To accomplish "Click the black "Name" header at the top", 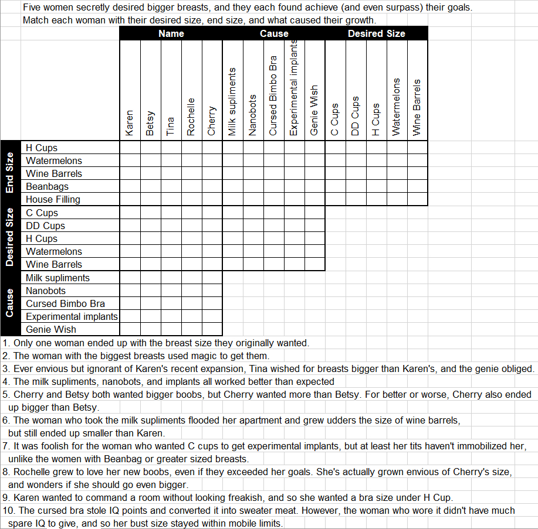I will (x=171, y=33).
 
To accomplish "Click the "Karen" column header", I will (x=130, y=123).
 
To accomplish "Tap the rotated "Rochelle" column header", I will (x=191, y=117).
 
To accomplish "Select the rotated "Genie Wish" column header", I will (x=314, y=111).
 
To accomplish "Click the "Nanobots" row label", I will (x=46, y=291).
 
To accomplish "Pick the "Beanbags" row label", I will (x=47, y=186).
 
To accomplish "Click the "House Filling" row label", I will (x=53, y=199).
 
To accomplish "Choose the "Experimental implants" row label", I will (x=72, y=316).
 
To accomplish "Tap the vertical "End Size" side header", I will (x=10, y=173).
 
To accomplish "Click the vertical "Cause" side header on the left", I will (x=10, y=303).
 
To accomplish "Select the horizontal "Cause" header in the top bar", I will (x=274, y=33).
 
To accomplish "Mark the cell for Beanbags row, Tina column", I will (x=171, y=186).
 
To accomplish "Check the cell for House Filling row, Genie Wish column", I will (x=314, y=199).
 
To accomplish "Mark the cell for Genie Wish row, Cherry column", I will (x=212, y=329).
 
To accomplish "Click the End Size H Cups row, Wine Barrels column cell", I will (x=417, y=148).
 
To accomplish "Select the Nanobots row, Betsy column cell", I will (x=150, y=291).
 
